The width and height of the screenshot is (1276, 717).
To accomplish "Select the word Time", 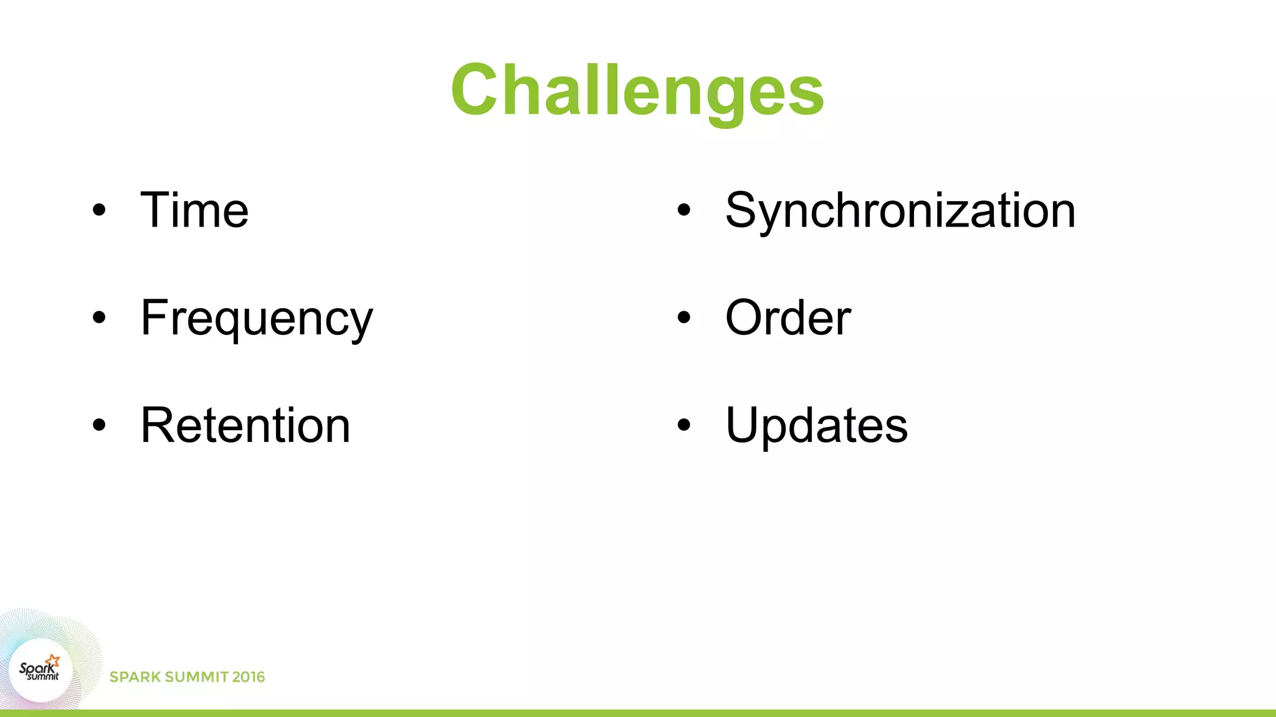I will pyautogui.click(x=194, y=210).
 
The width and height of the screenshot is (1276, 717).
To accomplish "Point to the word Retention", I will pyautogui.click(x=245, y=425).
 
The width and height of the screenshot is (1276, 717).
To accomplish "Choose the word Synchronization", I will pyautogui.click(x=900, y=210).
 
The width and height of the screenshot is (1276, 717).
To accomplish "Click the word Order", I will pyautogui.click(x=788, y=318).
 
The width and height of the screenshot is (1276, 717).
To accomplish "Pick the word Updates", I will pyautogui.click(x=816, y=425).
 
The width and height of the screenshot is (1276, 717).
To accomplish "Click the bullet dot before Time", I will pyautogui.click(x=99, y=210).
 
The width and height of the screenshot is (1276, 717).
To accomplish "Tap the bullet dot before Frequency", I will pyautogui.click(x=99, y=318).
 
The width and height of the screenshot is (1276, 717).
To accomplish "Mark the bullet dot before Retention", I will pyautogui.click(x=99, y=425).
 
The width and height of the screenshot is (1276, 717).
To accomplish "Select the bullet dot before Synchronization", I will pyautogui.click(x=684, y=210).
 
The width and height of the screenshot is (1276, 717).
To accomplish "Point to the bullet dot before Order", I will pyautogui.click(x=684, y=318).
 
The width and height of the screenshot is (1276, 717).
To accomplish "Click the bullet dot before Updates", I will pyautogui.click(x=684, y=425).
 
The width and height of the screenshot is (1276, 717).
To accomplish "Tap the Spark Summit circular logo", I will pyautogui.click(x=40, y=670).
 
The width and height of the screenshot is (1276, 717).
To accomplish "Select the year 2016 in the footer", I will pyautogui.click(x=248, y=677).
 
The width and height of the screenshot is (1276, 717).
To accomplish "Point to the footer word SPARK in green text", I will pyautogui.click(x=135, y=677).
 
